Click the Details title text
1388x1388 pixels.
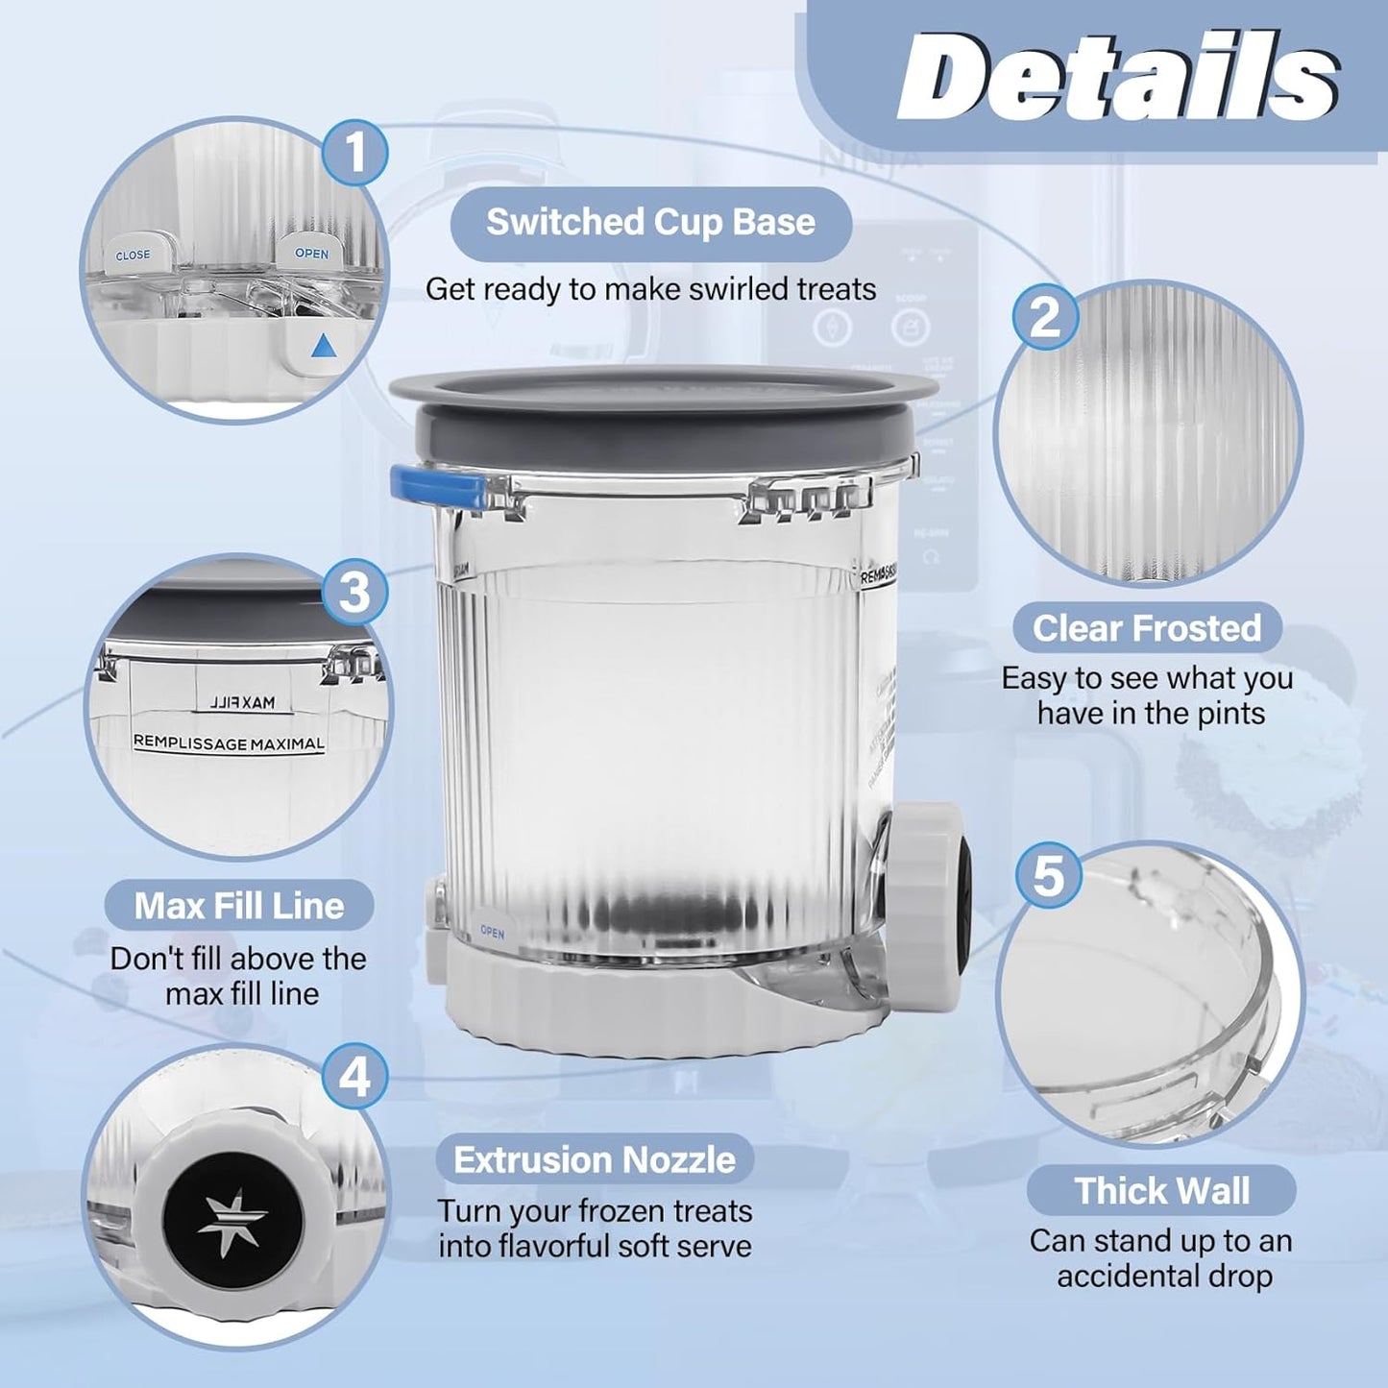(1118, 77)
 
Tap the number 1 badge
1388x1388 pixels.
(355, 152)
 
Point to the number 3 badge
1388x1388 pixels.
(353, 592)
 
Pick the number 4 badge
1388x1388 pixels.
(353, 1076)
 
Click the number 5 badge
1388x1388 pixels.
(1048, 875)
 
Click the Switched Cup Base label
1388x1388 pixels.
(650, 223)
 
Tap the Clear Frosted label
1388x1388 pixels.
(1147, 628)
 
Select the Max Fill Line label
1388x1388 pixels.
(239, 906)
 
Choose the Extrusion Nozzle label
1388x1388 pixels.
(595, 1160)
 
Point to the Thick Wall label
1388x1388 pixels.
(1161, 1191)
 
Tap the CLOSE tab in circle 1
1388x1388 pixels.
(133, 256)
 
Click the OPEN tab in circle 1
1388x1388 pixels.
(311, 254)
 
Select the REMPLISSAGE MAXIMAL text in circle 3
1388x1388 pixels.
(229, 743)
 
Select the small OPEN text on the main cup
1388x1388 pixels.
(492, 933)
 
